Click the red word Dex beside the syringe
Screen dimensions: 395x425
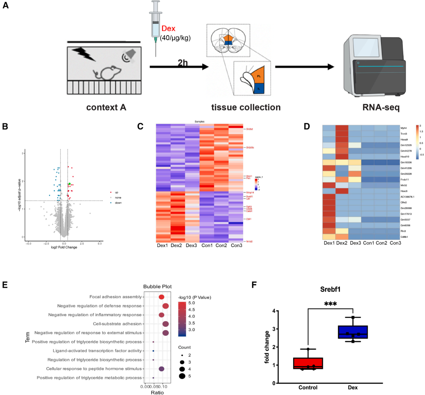tap(168, 29)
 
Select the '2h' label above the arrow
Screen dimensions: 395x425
tap(183, 63)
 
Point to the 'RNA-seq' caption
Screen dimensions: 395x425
tap(381, 108)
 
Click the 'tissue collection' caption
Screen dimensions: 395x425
tap(246, 108)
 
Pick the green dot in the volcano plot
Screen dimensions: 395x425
tap(69, 184)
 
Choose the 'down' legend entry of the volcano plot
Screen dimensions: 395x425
tap(118, 203)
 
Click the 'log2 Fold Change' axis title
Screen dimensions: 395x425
tap(64, 247)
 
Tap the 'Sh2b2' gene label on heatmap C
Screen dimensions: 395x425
tap(250, 129)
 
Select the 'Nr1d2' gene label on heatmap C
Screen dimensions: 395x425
tap(250, 241)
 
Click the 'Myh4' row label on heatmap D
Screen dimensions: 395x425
tap(404, 128)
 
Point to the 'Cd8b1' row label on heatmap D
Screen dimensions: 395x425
tap(404, 237)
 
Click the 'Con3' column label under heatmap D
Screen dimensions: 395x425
tap(395, 243)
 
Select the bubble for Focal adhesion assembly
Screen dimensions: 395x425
tap(161, 297)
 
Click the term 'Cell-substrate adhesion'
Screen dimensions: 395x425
tap(117, 324)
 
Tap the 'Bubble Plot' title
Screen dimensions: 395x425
tap(157, 286)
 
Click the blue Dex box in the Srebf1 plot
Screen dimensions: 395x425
tap(353, 332)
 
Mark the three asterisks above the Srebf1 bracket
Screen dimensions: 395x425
tap(330, 304)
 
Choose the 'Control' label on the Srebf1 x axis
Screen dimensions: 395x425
tap(308, 388)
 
